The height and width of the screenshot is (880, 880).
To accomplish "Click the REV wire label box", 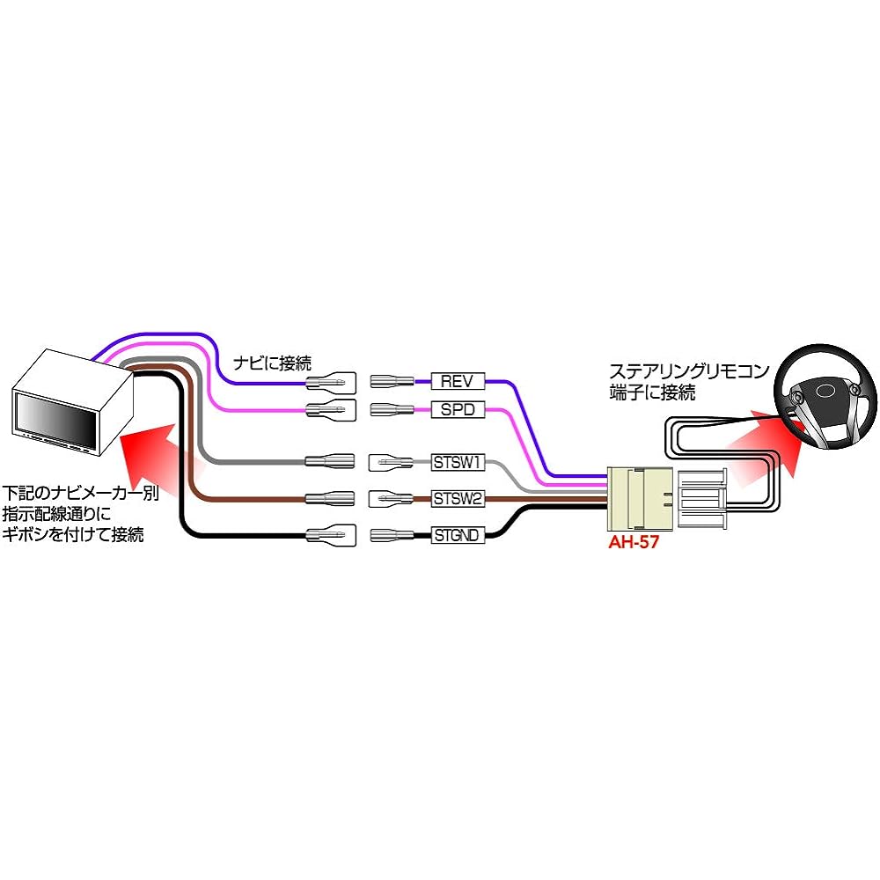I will pyautogui.click(x=458, y=381).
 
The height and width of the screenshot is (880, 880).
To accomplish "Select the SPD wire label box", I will pyautogui.click(x=458, y=409).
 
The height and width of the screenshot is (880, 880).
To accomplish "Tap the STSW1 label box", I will pyautogui.click(x=458, y=461).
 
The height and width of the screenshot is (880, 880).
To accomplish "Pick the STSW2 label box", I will pyautogui.click(x=458, y=499).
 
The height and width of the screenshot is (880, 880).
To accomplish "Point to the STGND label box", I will pyautogui.click(x=458, y=534).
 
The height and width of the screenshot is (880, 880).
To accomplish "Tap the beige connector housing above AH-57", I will pyautogui.click(x=640, y=499).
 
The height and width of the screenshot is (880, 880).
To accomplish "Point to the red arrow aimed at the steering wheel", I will pyautogui.click(x=761, y=449).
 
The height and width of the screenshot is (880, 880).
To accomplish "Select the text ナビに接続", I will pyautogui.click(x=272, y=362).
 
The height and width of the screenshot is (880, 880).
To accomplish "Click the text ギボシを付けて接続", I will pyautogui.click(x=75, y=534).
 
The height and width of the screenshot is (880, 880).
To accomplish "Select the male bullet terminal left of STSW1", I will pyautogui.click(x=388, y=461).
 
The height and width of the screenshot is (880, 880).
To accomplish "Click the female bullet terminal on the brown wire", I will pyautogui.click(x=329, y=499).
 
